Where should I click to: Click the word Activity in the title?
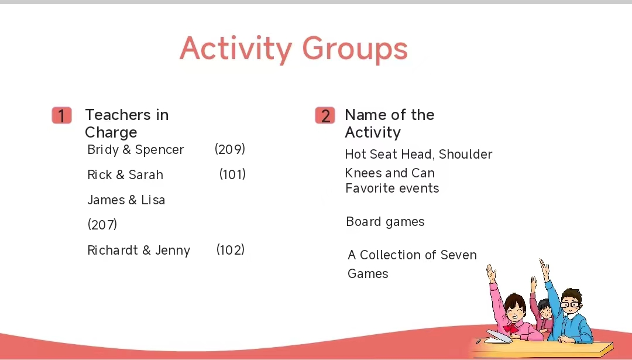pos(236,49)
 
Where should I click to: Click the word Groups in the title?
pos(355,49)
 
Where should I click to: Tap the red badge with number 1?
pos(61,116)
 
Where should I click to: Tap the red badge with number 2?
pos(325,116)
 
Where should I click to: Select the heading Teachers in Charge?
pos(126,124)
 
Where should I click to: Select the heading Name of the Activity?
pos(389,124)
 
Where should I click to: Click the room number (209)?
pos(230,149)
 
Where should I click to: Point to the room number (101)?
pos(232,174)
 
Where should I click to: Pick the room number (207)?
pos(102,225)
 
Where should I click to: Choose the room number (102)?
pos(231,249)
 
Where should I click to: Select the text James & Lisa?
pos(126,200)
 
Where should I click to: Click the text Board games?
pos(385,222)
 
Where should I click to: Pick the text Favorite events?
pos(392,188)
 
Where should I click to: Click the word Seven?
pos(459,255)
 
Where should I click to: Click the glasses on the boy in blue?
pos(570,304)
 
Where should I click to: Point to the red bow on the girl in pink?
pos(511,328)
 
